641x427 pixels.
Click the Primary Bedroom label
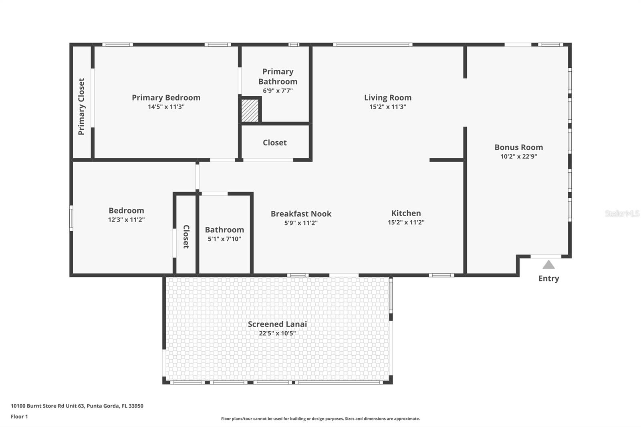point(166,98)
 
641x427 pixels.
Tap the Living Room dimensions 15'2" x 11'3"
point(388,107)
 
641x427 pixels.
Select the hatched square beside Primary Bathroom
point(250,111)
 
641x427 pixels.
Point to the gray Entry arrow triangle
point(548,264)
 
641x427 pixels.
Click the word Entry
point(548,278)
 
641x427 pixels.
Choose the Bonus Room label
point(518,147)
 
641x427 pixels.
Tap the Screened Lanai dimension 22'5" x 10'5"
point(277,333)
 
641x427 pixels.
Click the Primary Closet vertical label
point(81,107)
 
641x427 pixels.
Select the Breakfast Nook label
point(301,214)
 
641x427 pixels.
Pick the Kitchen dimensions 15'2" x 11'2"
point(406,222)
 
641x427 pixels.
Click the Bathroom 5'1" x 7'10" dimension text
point(224,239)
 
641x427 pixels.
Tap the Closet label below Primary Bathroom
point(275,143)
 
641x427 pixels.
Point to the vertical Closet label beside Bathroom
point(186,236)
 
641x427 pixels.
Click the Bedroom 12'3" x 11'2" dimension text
point(126,220)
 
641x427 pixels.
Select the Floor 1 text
point(20,417)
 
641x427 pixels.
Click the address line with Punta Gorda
point(77,406)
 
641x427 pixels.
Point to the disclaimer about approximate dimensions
point(320,419)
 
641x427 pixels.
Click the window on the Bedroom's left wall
point(71,218)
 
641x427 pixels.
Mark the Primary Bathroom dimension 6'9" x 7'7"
point(278,91)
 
